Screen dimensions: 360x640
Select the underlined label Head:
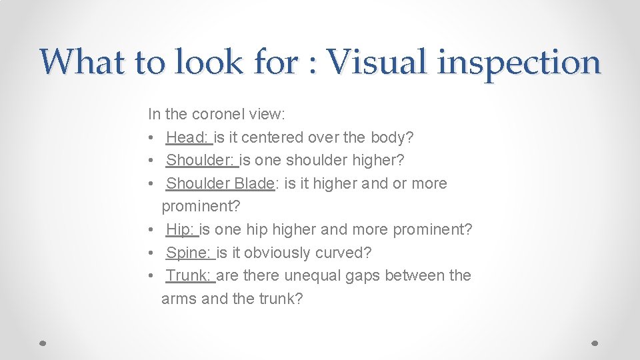189,138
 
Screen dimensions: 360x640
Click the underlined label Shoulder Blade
220,183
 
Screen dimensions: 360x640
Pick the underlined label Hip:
181,230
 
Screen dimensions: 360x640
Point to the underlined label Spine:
190,253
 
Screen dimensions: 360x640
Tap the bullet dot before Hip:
152,230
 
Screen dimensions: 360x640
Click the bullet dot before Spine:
152,253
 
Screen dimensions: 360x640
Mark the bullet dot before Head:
152,138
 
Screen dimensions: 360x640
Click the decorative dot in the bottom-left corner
42,343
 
